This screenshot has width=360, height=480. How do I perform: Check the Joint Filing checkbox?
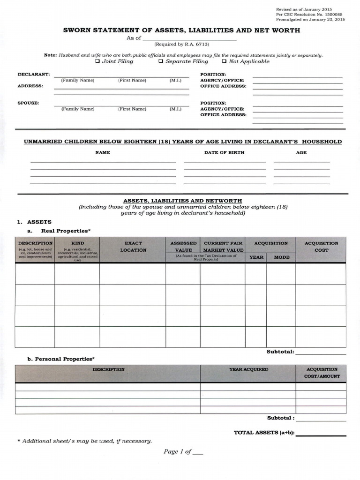pos(97,61)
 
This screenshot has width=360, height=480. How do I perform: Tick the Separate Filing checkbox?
pos(161,61)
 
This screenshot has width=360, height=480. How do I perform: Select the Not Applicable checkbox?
pos(224,61)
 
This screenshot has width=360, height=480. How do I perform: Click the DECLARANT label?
pos(34,75)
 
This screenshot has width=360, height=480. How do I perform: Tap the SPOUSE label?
pos(28,103)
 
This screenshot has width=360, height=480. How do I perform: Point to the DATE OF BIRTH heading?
pos(224,152)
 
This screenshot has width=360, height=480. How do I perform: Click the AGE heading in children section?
pos(301,152)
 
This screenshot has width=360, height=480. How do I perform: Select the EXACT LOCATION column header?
pos(133,247)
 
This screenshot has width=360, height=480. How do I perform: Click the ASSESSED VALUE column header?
pos(183,247)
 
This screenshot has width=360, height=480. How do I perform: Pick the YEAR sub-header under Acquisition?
pos(256,257)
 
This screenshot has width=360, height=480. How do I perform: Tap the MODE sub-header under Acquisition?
pos(282,257)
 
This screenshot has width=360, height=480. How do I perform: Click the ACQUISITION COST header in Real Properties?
pos(321,247)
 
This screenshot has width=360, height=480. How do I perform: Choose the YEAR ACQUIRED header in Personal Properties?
pos(248,369)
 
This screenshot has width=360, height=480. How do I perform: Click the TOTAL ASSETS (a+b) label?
pos(264,433)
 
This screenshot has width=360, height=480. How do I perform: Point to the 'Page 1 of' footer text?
pos(178,451)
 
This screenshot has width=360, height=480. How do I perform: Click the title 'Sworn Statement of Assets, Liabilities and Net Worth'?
pos(182,30)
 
